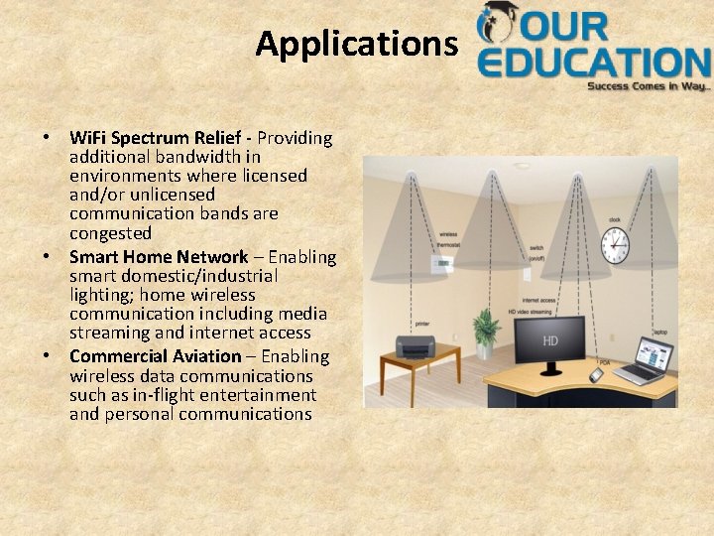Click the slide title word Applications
356,44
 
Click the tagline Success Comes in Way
649,87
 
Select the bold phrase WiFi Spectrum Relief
161,137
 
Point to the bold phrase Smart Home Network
159,257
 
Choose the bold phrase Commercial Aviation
156,356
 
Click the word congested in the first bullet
110,233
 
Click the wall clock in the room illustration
615,245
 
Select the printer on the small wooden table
416,346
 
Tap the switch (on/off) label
535,252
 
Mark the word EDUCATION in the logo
592,62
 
